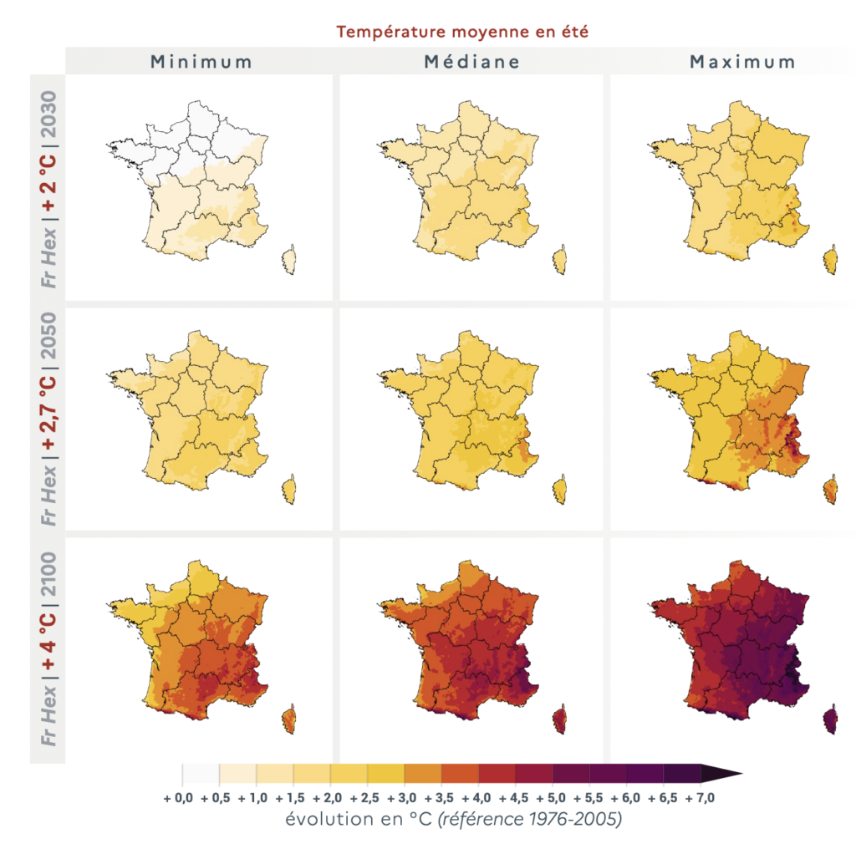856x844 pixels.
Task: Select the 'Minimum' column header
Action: click(x=201, y=62)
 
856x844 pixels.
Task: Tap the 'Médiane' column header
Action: click(x=471, y=62)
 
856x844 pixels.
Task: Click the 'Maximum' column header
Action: click(x=742, y=62)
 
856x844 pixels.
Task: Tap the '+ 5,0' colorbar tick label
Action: click(x=553, y=799)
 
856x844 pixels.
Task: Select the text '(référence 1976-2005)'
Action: click(x=529, y=820)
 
